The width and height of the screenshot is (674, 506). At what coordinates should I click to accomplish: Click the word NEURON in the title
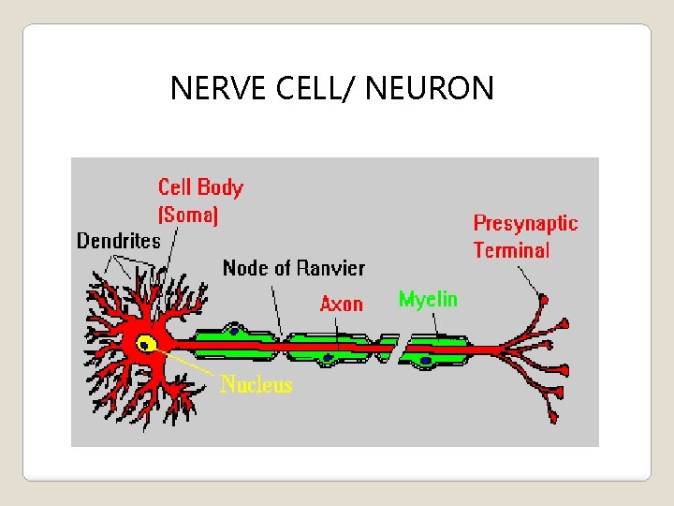(x=430, y=88)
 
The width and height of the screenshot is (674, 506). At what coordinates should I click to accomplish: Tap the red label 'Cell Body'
(x=200, y=187)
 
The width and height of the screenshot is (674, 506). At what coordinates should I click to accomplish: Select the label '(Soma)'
(x=188, y=215)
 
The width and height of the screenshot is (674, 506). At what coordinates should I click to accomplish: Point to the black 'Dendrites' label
(x=119, y=241)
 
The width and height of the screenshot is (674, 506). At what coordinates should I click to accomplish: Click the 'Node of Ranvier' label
(x=293, y=268)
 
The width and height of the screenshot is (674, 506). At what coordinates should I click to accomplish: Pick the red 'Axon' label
(x=341, y=304)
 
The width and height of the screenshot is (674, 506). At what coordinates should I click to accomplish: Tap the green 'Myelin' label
(x=428, y=299)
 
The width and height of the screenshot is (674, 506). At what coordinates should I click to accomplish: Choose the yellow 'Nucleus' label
(x=256, y=384)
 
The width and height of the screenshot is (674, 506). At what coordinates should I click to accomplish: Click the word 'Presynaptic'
(x=525, y=223)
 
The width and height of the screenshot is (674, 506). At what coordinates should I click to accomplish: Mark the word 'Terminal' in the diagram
(x=511, y=250)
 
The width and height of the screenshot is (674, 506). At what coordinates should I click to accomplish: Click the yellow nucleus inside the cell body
(x=145, y=344)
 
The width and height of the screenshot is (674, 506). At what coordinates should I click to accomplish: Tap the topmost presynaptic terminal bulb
(x=544, y=300)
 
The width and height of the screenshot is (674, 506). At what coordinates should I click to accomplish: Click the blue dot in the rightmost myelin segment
(x=426, y=359)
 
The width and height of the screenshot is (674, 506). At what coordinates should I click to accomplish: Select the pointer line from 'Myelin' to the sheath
(x=433, y=323)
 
